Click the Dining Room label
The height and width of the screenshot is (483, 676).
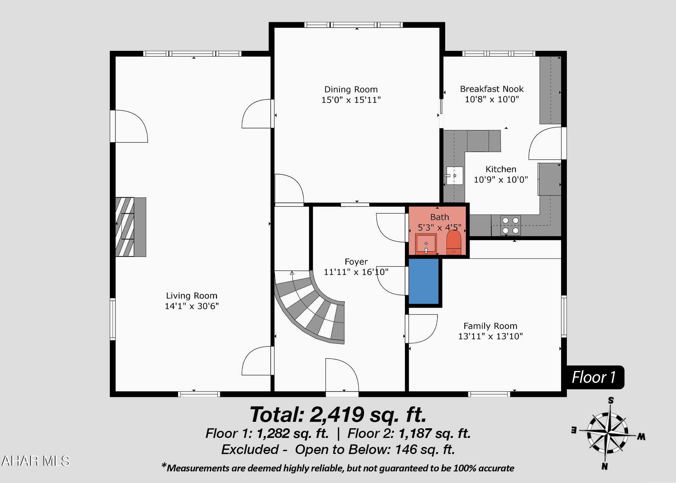351,90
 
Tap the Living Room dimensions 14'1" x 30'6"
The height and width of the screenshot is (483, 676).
192,306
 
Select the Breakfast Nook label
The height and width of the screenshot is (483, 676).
492,89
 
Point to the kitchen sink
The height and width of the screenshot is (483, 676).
454,175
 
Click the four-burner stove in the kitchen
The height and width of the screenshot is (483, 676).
511,225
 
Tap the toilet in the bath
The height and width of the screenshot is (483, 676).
454,242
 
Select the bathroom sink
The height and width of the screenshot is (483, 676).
426,244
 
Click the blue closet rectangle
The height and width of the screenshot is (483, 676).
424,281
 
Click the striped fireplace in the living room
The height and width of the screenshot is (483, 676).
131,227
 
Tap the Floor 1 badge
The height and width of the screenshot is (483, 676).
594,377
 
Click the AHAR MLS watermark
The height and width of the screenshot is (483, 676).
35,461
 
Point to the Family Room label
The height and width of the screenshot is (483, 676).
490,326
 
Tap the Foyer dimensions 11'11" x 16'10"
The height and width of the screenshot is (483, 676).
356,272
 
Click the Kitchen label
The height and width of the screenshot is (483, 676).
501,169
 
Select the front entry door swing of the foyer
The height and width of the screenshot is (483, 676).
342,375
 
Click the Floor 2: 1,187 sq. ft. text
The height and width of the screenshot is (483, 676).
409,433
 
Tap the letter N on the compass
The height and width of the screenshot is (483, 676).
605,466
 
